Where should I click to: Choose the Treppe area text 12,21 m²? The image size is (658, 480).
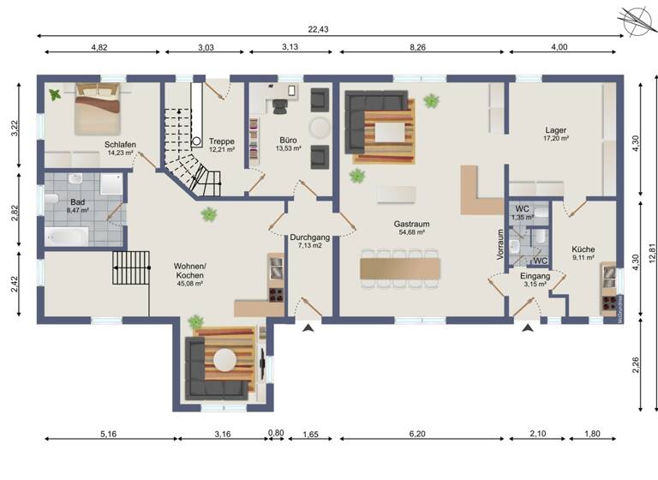[x=221, y=150]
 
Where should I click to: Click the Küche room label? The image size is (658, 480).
[x=583, y=249]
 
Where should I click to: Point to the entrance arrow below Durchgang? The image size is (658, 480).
[x=306, y=327]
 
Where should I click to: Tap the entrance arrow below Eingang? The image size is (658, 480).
[x=529, y=327]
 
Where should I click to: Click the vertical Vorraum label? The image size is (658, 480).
[x=500, y=244]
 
